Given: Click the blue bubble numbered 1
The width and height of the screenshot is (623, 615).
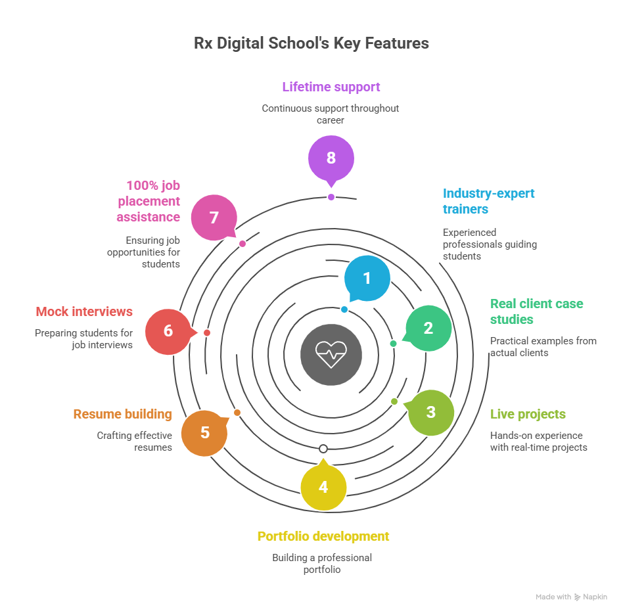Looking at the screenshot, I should pos(367,279).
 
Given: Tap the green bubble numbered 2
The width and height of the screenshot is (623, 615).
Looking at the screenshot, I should pos(428,328).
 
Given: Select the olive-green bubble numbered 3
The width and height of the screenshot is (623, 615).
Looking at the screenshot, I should pos(430,413).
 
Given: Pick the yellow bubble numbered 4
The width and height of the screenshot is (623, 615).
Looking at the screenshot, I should pos(323,487).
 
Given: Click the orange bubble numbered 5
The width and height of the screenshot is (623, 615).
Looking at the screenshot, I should pos(205,432).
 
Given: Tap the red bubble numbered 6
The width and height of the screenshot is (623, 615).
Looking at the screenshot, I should pos(168,330).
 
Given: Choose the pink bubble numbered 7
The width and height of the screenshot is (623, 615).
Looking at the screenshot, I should pos(214,217).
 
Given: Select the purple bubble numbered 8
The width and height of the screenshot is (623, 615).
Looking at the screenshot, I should pos(331,158).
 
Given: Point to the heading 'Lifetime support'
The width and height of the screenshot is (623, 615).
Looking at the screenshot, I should pos(331,87).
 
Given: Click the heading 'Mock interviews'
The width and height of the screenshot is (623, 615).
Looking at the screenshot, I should pos(84,311).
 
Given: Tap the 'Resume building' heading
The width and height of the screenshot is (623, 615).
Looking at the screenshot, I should pos(122,414).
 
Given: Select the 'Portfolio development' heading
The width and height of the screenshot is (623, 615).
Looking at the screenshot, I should pos(323,536).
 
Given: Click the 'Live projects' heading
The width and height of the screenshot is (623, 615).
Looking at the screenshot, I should pos(528,414).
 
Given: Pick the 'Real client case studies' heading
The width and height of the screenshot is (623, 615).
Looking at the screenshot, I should pos(536,311).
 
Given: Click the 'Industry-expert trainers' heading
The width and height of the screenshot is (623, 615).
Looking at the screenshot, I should pos(488,201).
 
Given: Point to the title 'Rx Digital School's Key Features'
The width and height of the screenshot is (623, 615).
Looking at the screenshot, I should pos(311,43).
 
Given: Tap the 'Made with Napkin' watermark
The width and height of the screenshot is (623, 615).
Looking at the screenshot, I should pos(571,597).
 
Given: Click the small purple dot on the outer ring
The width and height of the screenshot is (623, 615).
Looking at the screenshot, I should pos(331,197).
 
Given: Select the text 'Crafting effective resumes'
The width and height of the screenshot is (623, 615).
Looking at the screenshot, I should pos(135,441).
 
